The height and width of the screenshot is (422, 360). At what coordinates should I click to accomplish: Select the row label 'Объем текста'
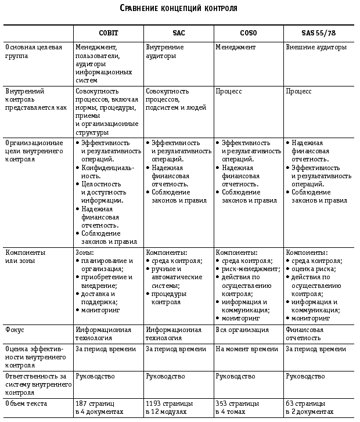[x=26, y=403]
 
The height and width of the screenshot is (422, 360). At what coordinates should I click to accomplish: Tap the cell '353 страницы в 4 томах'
[x=239, y=407]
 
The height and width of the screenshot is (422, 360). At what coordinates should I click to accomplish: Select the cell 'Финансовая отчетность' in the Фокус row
[x=305, y=334]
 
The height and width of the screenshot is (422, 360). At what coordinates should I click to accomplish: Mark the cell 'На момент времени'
[x=247, y=349]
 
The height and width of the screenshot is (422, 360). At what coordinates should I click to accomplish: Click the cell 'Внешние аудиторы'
[x=316, y=47]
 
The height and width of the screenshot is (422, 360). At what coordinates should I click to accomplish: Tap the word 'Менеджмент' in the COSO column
[x=236, y=47]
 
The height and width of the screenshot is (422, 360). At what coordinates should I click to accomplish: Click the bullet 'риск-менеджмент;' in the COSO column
[x=250, y=269]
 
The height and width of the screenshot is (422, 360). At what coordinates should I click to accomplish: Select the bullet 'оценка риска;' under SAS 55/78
[x=314, y=269]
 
